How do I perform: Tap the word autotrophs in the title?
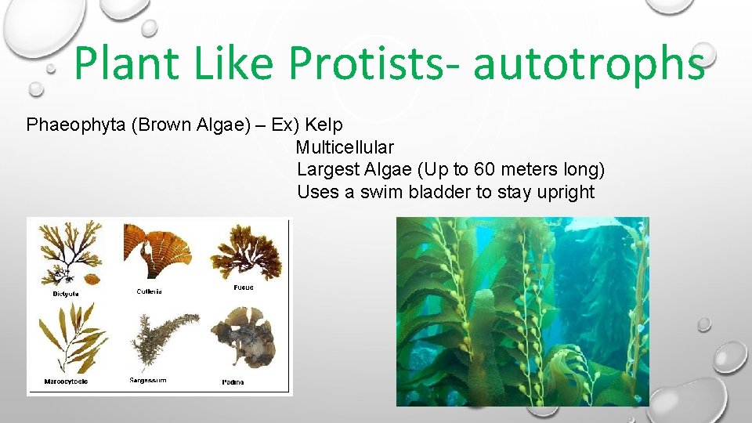pyautogui.click(x=589, y=64)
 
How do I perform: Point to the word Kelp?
pyautogui.click(x=324, y=125)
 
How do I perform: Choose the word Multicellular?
pyautogui.click(x=345, y=147)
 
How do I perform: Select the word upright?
pyautogui.click(x=566, y=193)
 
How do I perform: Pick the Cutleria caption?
pyautogui.click(x=149, y=291)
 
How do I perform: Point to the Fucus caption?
pyautogui.click(x=243, y=287)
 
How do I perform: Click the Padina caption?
pyautogui.click(x=232, y=382)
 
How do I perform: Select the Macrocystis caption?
pyautogui.click(x=66, y=382)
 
